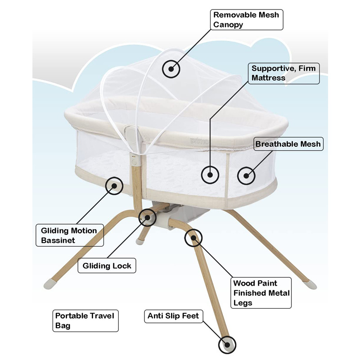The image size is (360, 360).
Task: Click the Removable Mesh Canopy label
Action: (247, 19)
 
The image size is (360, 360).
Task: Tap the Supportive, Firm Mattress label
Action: (283, 73)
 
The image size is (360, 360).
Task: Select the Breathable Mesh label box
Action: (288, 144)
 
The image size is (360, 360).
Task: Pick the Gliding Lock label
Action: (107, 266)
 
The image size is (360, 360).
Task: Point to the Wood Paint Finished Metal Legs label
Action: (261, 293)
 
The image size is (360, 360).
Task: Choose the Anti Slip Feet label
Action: (173, 316)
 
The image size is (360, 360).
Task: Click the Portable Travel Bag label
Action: (85, 320)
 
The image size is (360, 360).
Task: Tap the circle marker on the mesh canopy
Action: (171, 69)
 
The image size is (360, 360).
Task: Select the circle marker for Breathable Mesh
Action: (246, 175)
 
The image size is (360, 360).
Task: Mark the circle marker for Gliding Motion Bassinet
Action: (114, 185)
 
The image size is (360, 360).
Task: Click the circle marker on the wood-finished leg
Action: (193, 237)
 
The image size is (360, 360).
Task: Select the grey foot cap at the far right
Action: (310, 284)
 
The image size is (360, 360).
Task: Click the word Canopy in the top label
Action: (228, 24)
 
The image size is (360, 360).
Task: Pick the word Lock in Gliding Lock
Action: (122, 266)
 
